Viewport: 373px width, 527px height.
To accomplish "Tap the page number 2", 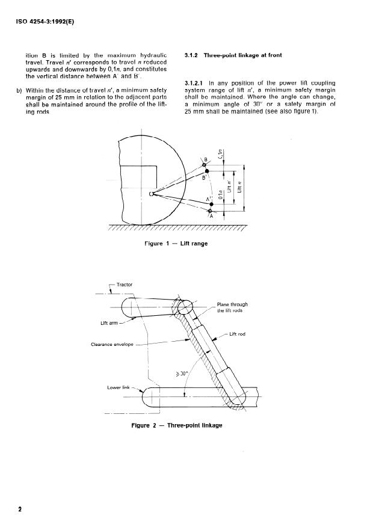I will point(20,509).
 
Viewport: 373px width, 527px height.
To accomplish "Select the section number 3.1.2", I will point(194,56).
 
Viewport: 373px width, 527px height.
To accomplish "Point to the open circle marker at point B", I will point(205,164).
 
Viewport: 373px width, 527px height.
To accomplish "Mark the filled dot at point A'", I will point(210,205).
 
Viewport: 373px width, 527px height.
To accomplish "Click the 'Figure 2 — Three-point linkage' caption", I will point(176,425).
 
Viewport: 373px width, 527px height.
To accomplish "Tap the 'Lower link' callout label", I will point(118,387).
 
